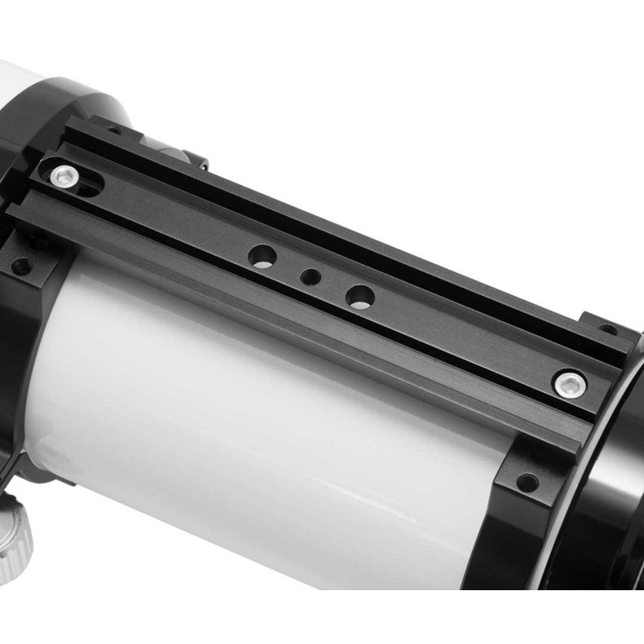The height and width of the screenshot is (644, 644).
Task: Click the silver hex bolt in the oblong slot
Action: (x=63, y=174)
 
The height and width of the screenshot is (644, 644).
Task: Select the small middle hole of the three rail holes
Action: (x=310, y=277)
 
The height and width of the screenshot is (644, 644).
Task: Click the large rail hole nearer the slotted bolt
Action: (x=262, y=257)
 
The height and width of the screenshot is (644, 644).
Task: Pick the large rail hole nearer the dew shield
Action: (x=359, y=296)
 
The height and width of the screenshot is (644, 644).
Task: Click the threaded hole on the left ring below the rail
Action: (x=22, y=266)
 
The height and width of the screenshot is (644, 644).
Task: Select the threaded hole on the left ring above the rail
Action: (x=113, y=130)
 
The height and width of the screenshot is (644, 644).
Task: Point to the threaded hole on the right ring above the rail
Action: (x=607, y=330)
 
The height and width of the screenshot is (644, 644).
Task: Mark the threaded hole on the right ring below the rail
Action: (x=527, y=482)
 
